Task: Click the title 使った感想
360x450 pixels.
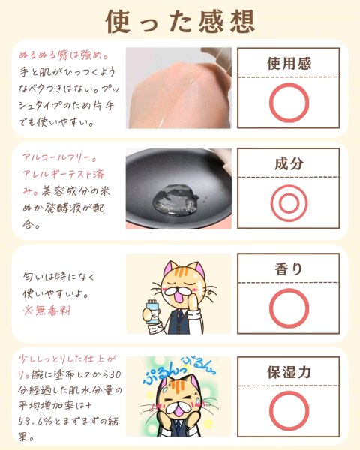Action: click(x=180, y=22)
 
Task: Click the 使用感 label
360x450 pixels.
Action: click(x=289, y=64)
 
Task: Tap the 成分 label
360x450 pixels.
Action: click(x=289, y=163)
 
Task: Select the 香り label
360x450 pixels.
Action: click(x=289, y=269)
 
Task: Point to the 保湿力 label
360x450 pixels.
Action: click(x=289, y=372)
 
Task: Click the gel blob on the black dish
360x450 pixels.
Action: click(x=175, y=199)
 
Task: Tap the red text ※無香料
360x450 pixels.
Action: click(x=46, y=310)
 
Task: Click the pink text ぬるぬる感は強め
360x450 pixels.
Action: click(x=64, y=55)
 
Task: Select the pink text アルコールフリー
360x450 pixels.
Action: click(x=60, y=157)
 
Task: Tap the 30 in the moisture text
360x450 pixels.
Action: click(x=115, y=374)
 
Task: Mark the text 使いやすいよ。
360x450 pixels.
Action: click(x=55, y=293)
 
